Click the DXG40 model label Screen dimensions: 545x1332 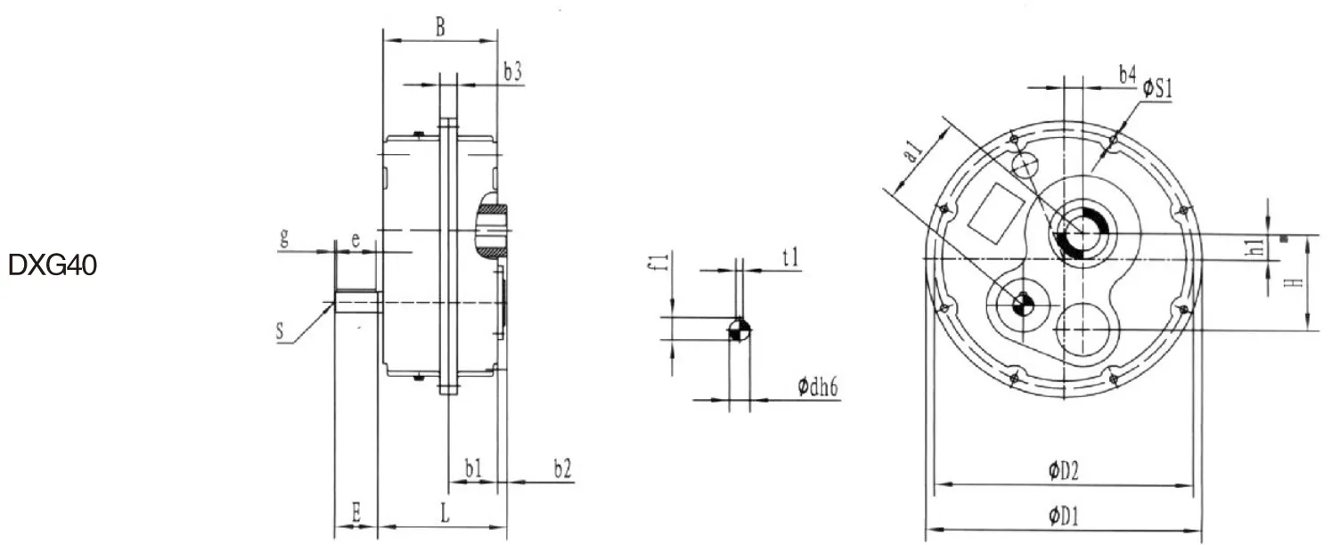(x=53, y=266)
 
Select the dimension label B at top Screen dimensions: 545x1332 (x=440, y=28)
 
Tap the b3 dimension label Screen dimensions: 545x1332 (x=512, y=73)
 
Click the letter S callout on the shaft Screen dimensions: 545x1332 (x=281, y=333)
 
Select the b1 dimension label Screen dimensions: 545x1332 (x=473, y=468)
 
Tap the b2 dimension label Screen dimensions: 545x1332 (x=562, y=468)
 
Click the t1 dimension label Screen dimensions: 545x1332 (x=790, y=257)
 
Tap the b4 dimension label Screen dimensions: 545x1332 (x=1128, y=76)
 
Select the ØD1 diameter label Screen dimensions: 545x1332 (x=1064, y=515)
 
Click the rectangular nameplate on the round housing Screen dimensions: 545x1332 (x=997, y=213)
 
